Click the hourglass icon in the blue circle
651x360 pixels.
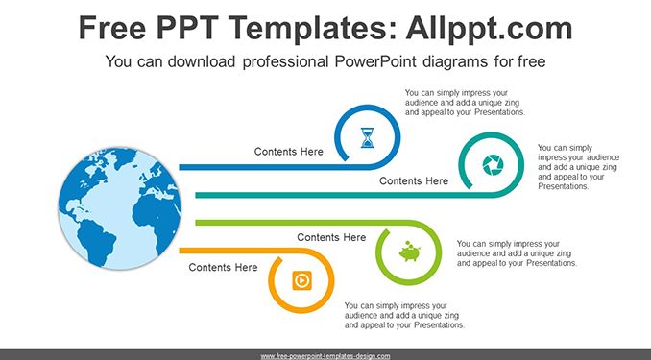point(368,138)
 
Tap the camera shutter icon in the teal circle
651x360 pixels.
point(493,165)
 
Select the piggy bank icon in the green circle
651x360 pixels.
point(409,251)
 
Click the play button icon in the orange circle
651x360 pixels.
point(301,280)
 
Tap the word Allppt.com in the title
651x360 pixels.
point(489,28)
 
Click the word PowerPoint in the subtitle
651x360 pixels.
point(375,61)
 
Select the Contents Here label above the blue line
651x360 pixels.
point(289,152)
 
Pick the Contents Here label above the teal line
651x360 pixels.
point(414,181)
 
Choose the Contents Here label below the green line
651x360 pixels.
point(331,237)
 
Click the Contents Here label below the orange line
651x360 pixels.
point(223,268)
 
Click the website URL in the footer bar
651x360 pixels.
point(325,356)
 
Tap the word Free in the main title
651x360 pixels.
point(112,28)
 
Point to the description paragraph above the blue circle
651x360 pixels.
point(465,103)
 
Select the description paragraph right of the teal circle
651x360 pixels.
point(578,167)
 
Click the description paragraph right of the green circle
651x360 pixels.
point(517,253)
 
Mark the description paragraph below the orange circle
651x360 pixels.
point(404,316)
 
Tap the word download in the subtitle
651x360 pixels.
point(202,61)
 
